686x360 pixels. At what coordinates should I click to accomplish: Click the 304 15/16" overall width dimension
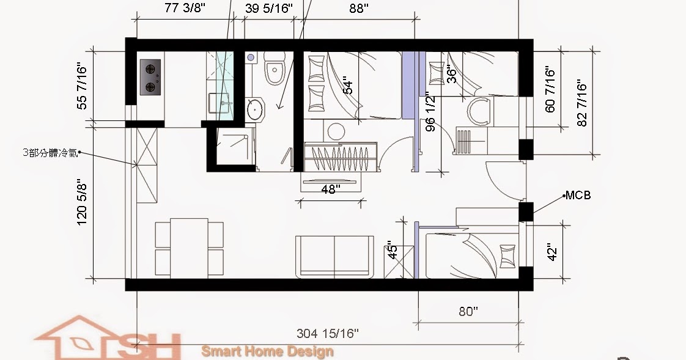point(328,334)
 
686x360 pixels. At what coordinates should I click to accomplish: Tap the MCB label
point(578,195)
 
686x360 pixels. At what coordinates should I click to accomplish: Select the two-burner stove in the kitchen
point(150,77)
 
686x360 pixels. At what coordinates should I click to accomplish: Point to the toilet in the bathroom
point(275,68)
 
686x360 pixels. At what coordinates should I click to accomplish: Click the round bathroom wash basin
point(254,109)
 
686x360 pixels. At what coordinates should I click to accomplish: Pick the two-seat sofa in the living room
point(334,256)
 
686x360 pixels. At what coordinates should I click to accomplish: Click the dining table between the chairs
point(189,248)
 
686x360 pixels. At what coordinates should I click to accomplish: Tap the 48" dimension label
point(331,189)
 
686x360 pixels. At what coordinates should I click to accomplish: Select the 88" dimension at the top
point(359,9)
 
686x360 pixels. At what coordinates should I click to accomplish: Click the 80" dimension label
point(468,312)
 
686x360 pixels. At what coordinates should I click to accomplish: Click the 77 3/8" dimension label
point(185,9)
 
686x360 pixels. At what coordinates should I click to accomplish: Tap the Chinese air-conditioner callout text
point(50,153)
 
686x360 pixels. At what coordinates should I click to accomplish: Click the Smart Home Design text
point(267,351)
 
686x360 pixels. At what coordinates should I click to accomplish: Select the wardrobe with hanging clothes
point(340,156)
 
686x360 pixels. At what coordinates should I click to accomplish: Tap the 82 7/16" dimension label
point(581,103)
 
